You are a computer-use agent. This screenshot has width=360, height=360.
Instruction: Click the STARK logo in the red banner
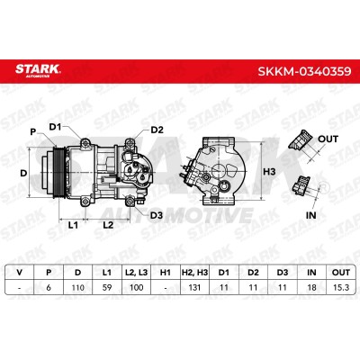tap(38, 70)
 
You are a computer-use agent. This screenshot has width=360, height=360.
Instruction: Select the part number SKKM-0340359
tap(304, 71)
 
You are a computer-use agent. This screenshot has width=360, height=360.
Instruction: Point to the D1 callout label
tap(55, 127)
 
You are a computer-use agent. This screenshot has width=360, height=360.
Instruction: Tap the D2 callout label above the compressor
tap(157, 130)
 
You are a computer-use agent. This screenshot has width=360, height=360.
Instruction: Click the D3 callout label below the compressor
tap(157, 215)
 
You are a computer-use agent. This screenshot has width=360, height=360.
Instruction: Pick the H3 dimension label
tap(269, 172)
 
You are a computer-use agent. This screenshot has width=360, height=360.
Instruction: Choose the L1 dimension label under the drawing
tap(73, 225)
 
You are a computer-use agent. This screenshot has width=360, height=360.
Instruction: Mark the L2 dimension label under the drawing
tap(108, 225)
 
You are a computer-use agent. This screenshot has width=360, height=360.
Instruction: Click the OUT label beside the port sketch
tap(328, 139)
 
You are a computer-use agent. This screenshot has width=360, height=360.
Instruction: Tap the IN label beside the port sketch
tap(310, 215)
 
